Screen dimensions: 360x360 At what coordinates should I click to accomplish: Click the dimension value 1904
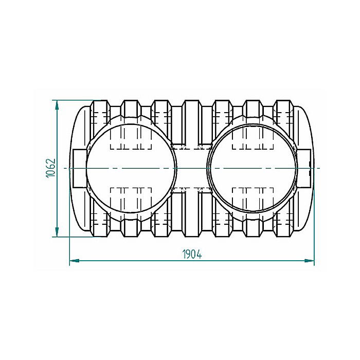[191, 254]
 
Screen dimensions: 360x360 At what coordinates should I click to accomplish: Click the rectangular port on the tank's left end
[79, 168]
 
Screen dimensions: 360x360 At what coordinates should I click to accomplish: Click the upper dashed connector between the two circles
[192, 147]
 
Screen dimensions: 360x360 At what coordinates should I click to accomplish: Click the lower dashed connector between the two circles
[192, 190]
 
